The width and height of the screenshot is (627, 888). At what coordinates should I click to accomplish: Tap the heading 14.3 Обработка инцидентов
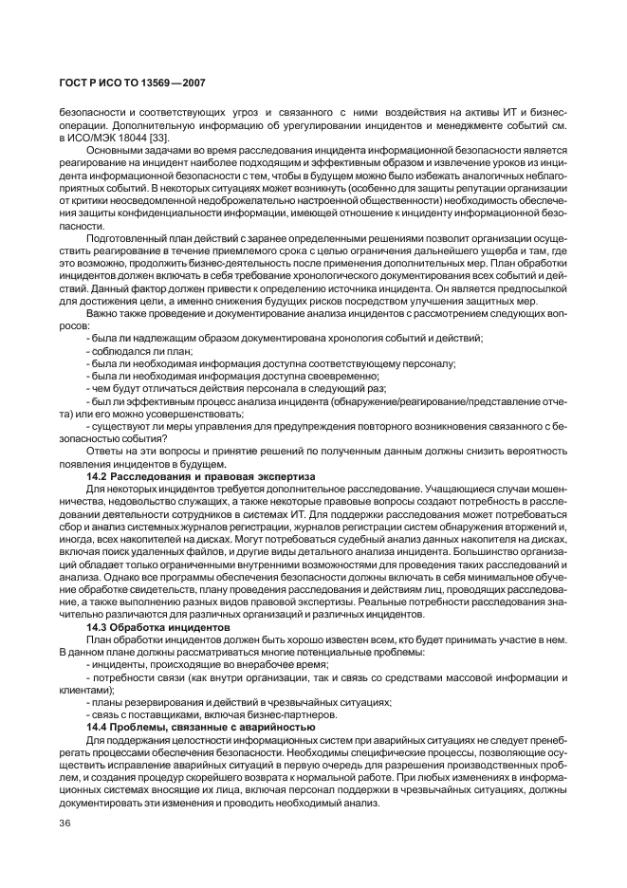pyautogui.click(x=157, y=627)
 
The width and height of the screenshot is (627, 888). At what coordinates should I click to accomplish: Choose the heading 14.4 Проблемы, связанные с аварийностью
pyautogui.click(x=200, y=725)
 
